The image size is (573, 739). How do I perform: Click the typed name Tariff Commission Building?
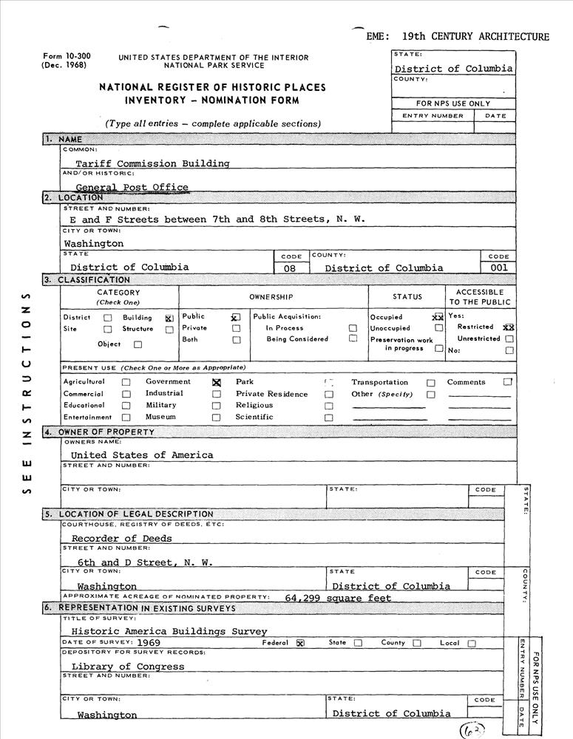click(x=152, y=163)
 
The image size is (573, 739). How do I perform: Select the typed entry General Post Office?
click(x=132, y=188)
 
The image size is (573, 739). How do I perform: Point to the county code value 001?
click(x=498, y=268)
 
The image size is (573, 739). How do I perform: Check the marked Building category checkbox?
click(x=169, y=318)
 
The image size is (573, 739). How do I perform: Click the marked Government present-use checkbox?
click(x=217, y=383)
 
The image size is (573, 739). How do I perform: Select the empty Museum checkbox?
click(x=217, y=418)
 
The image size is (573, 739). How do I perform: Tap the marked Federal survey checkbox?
click(x=300, y=644)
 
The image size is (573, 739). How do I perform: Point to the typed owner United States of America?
click(x=141, y=455)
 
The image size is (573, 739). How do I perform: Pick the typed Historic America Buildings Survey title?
click(x=169, y=631)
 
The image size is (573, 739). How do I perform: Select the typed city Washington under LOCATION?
click(x=94, y=243)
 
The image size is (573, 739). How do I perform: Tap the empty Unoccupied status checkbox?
click(x=439, y=328)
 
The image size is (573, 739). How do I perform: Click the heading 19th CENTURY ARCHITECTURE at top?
click(x=475, y=36)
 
